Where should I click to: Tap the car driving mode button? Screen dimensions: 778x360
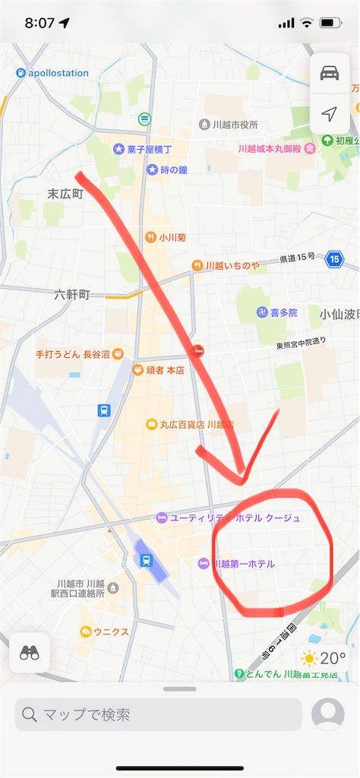point(329,73)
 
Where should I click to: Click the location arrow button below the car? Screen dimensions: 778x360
point(329,114)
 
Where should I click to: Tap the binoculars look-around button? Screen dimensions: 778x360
point(30,653)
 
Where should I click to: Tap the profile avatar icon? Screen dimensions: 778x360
point(328,714)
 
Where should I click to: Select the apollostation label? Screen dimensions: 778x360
point(52,73)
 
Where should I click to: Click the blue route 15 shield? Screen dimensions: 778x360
point(335,260)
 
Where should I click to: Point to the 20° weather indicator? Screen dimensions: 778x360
point(324,658)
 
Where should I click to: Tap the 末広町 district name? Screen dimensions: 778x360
point(65,194)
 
